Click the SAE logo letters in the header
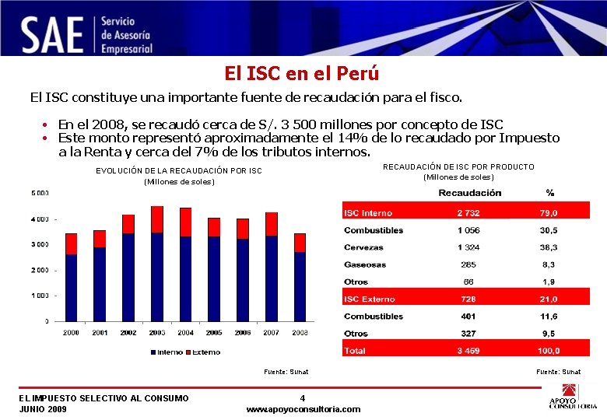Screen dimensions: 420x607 (x=52, y=34)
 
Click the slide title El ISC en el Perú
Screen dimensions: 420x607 (x=302, y=74)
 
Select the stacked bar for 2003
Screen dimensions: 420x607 (x=156, y=264)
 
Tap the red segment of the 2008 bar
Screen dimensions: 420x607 (x=300, y=243)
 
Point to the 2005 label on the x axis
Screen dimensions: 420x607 (x=213, y=332)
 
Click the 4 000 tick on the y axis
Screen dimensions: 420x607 (x=40, y=219)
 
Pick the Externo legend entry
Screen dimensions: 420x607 (x=205, y=352)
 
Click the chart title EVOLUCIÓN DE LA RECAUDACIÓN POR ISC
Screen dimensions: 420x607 (x=178, y=170)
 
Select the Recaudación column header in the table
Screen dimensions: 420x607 (x=469, y=192)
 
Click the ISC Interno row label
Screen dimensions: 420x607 (x=368, y=213)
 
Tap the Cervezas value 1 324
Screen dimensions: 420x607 (x=468, y=247)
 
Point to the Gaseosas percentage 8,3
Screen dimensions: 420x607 (x=549, y=264)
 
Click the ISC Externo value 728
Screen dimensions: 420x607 (x=468, y=299)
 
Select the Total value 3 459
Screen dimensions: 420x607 (x=468, y=351)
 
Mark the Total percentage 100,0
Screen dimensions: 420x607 (x=549, y=351)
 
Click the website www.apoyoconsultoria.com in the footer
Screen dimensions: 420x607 (x=303, y=409)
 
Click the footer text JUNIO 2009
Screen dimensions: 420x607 (x=43, y=409)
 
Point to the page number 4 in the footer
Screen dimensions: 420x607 (x=303, y=398)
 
